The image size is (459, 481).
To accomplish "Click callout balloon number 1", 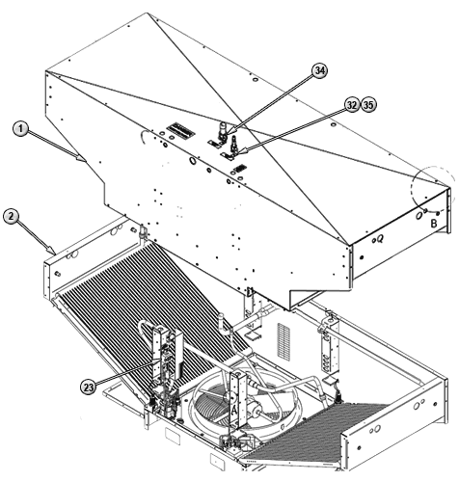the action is (20, 129).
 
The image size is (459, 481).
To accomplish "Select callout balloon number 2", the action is (12, 217).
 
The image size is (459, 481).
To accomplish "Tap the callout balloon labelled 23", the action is (88, 387).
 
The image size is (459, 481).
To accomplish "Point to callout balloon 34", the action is (319, 71).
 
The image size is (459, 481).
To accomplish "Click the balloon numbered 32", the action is (352, 105).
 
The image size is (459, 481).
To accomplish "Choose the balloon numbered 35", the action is (368, 105).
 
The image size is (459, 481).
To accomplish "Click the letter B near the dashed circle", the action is (434, 223).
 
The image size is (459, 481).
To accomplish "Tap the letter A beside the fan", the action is (234, 410).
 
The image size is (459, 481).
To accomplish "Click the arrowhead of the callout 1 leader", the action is (81, 158).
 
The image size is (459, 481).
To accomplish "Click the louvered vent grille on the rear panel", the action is (283, 341).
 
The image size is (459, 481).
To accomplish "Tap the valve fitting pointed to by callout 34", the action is (222, 131).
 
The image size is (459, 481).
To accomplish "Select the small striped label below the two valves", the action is (240, 169).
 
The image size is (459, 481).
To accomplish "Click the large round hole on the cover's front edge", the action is (193, 161).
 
